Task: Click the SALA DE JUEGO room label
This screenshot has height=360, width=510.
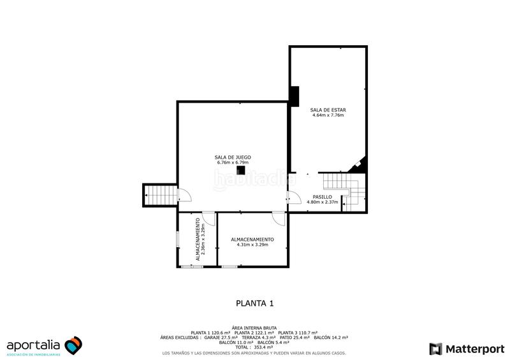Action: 232,157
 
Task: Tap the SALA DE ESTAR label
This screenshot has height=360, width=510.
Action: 328,110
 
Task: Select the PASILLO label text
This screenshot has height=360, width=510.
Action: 321,197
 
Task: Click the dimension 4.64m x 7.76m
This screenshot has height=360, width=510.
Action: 328,116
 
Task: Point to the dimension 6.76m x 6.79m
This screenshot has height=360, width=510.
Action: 232,162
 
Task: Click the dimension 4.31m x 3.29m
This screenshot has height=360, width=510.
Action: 252,245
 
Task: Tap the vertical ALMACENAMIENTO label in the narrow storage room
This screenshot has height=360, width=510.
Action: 198,239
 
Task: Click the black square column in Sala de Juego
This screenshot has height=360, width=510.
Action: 241,169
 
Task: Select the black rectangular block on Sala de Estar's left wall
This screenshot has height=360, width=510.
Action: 295,96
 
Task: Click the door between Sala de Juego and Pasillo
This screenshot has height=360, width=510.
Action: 293,198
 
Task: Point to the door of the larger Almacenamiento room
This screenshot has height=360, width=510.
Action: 278,218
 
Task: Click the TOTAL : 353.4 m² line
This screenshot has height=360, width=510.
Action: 254,347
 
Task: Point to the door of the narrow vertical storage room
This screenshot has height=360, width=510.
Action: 208,218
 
